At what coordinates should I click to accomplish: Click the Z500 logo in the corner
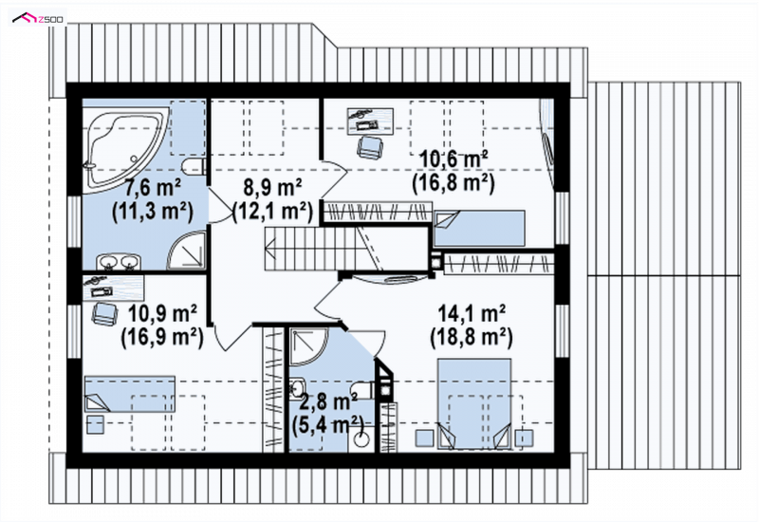[x=38, y=18]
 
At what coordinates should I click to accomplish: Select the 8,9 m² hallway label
[x=273, y=187]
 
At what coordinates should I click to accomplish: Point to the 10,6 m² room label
[x=454, y=158]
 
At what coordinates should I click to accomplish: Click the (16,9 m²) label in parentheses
[x=161, y=337]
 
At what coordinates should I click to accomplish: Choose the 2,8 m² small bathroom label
[x=328, y=401]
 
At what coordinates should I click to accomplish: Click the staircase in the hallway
[x=345, y=250]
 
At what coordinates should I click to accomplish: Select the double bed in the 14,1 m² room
[x=474, y=403]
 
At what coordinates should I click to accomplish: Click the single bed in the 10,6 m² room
[x=479, y=228]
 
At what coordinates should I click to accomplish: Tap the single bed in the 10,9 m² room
[x=130, y=394]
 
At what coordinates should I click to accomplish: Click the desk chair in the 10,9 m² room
[x=105, y=313]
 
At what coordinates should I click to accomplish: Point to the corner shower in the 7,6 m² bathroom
[x=187, y=251]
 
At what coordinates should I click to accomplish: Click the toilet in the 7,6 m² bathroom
[x=195, y=167]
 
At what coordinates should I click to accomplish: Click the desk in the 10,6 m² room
[x=370, y=121]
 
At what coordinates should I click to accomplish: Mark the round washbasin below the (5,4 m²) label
[x=361, y=438]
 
